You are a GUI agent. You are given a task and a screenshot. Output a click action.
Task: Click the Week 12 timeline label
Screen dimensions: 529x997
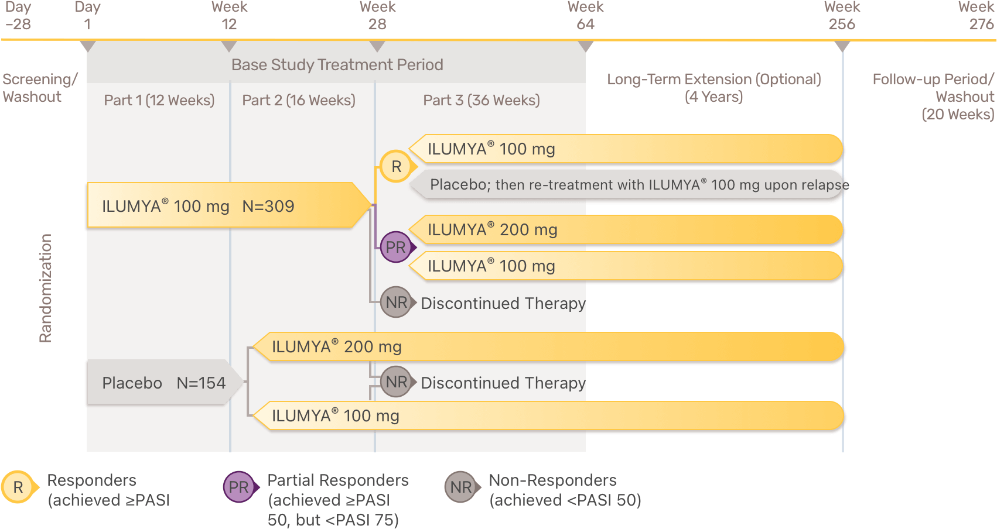coord(229,16)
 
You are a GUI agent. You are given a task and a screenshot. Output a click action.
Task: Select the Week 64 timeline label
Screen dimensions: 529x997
coord(585,16)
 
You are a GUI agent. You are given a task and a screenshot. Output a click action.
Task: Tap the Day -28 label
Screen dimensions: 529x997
coord(18,16)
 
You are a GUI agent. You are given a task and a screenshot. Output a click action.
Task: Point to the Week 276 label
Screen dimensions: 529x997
coord(976,16)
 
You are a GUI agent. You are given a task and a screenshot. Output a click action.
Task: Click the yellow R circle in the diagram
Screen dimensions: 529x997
coord(397,167)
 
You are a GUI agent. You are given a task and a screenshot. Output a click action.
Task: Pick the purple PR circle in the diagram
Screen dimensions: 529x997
coord(396,247)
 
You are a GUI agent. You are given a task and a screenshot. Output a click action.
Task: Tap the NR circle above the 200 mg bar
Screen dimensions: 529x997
coord(396,303)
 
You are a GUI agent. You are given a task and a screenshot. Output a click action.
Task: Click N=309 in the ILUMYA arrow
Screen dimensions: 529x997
coord(268,206)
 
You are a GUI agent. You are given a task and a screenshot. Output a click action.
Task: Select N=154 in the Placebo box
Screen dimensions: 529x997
coord(201,383)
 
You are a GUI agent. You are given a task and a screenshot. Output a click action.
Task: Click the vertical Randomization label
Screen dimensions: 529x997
coord(46,288)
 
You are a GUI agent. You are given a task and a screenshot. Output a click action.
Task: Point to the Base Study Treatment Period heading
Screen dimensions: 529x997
coord(337,65)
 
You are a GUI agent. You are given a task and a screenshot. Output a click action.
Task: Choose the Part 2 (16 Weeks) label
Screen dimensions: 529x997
coord(299,100)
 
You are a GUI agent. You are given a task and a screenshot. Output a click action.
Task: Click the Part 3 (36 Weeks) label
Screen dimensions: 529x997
coord(482,100)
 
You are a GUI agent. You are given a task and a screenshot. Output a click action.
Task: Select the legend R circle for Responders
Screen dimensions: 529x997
coord(18,487)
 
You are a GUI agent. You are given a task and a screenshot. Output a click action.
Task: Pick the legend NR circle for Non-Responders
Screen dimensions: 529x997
coord(461,487)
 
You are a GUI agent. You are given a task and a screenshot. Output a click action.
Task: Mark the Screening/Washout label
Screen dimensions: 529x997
coord(39,88)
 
